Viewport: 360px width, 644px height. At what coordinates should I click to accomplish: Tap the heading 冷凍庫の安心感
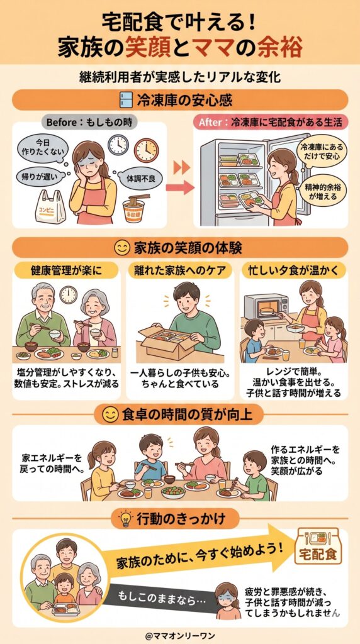click(x=179, y=100)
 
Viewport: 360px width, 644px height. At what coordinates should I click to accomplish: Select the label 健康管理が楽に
click(x=65, y=271)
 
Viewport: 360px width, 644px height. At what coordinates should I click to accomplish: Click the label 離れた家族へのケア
click(x=179, y=271)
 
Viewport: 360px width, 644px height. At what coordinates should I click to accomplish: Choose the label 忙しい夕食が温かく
click(x=293, y=271)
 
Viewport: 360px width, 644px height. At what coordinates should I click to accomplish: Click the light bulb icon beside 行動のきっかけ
click(x=124, y=518)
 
